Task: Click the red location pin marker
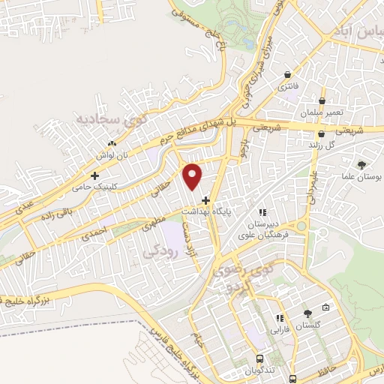click(x=193, y=175)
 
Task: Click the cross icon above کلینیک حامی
click(x=94, y=175)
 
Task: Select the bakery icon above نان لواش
click(x=112, y=143)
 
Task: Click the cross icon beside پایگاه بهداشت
click(x=205, y=200)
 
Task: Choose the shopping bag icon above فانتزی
click(x=289, y=74)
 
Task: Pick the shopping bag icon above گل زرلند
click(x=321, y=135)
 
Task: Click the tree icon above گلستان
click(x=308, y=314)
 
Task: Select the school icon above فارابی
click(x=279, y=318)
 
